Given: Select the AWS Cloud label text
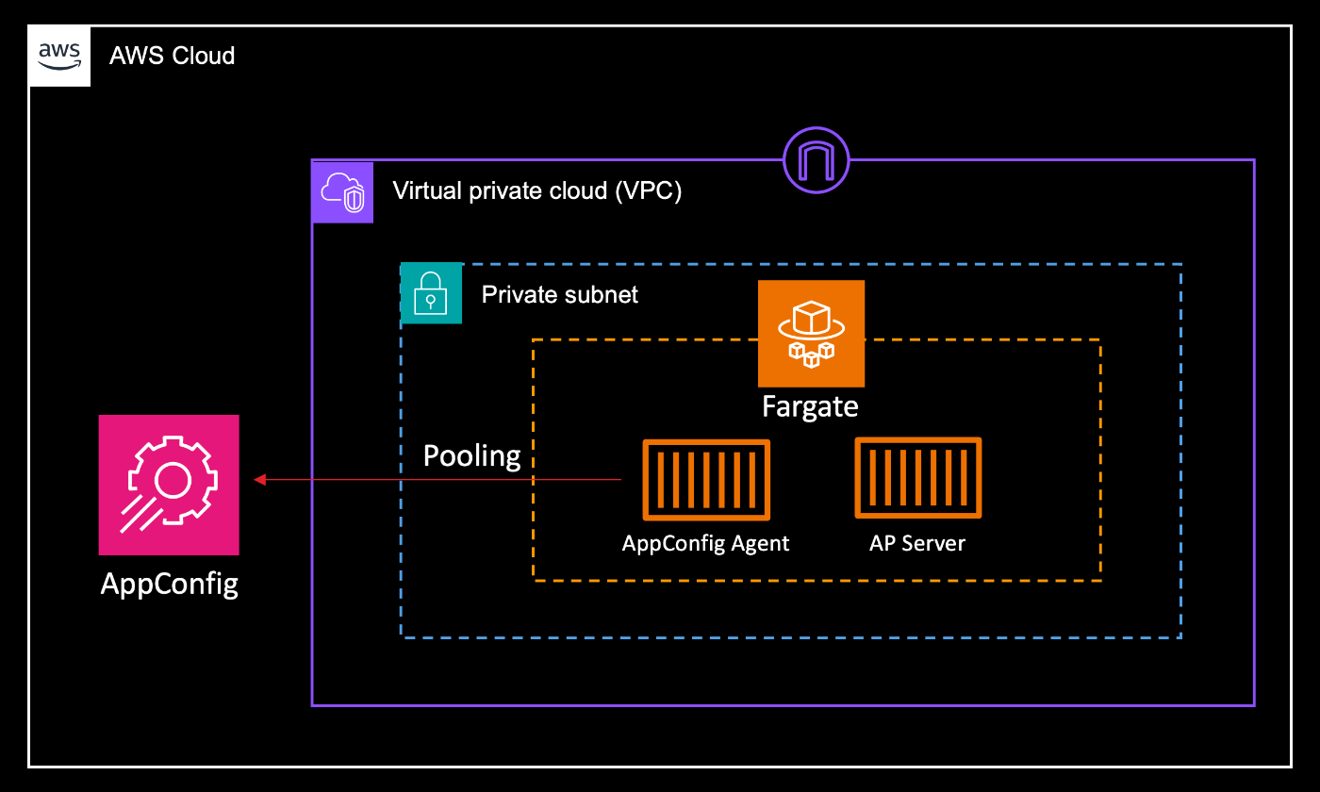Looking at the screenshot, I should [x=172, y=56].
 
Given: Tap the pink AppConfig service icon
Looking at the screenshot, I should [x=169, y=485].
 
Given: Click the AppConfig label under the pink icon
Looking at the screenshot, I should [x=170, y=584].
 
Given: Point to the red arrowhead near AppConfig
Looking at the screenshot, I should [x=260, y=480].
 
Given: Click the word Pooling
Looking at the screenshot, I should [x=471, y=456].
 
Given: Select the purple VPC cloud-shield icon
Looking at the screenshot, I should [x=343, y=191].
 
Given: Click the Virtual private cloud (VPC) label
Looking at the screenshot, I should [x=536, y=191].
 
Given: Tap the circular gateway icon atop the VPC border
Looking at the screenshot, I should [x=817, y=159].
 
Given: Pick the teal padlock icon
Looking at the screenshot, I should [x=432, y=293].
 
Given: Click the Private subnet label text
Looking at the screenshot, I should [x=559, y=294].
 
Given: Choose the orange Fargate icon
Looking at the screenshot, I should [x=811, y=333].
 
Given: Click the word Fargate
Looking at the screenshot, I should [x=811, y=406].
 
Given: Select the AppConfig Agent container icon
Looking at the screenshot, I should [x=706, y=480].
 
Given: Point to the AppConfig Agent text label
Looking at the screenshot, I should [x=705, y=543].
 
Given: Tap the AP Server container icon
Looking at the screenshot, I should [x=918, y=477].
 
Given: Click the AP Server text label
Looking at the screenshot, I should [x=917, y=543].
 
